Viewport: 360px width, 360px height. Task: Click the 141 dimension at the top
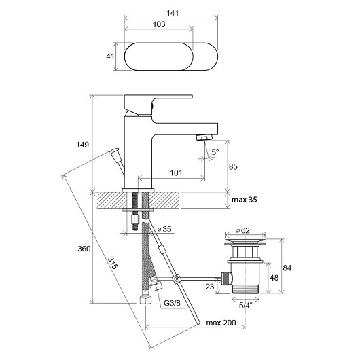coord(173,13)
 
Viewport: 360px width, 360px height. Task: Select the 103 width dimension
coord(159,24)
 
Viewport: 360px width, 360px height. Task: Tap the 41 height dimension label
coord(110,56)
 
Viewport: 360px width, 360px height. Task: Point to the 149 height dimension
coord(82,145)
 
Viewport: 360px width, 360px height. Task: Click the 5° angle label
coord(215,151)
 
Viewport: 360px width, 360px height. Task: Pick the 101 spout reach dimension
coord(176,173)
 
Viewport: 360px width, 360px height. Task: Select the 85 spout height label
coord(233,166)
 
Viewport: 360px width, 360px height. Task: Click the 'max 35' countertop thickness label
coord(245,200)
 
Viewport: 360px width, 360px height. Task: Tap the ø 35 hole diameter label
coord(164,229)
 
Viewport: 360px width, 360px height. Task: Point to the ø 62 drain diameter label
coord(242,230)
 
